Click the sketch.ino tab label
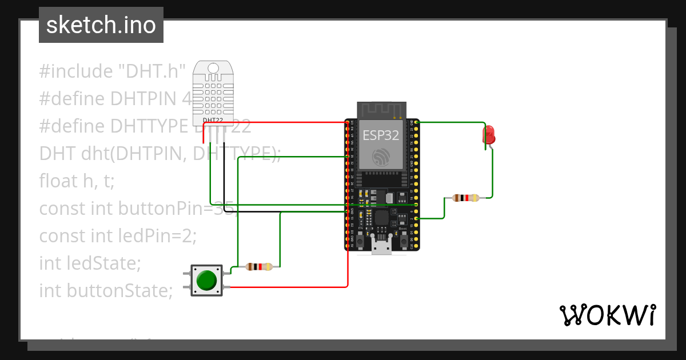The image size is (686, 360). click(101, 25)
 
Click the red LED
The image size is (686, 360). click(489, 135)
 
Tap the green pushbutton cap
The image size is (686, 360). click(206, 280)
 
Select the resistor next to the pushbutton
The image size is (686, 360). click(259, 266)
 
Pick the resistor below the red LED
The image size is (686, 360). click(465, 198)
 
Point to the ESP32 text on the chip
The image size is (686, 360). click(381, 135)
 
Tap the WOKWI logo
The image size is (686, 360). click(607, 315)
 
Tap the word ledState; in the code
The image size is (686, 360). click(103, 263)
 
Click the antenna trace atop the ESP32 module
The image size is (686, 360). click(380, 109)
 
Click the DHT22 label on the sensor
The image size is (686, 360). click(213, 120)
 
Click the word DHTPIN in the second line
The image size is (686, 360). click(151, 99)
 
